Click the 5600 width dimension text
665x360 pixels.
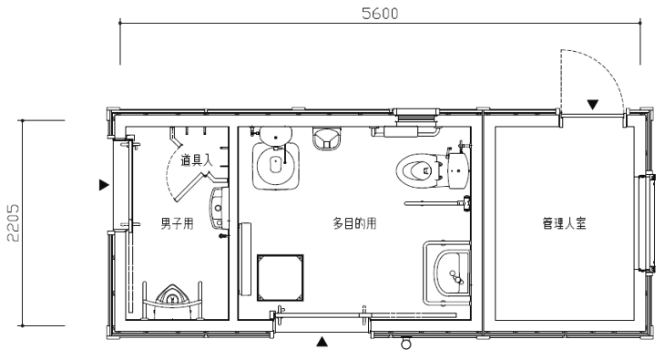pyautogui.click(x=380, y=14)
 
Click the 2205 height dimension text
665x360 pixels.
pyautogui.click(x=13, y=223)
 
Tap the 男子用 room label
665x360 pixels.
pyautogui.click(x=178, y=223)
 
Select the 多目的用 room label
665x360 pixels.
pyautogui.click(x=354, y=223)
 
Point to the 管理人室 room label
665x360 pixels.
pyautogui.click(x=564, y=223)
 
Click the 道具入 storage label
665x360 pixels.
pyautogui.click(x=197, y=160)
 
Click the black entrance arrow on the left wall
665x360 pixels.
pyautogui.click(x=104, y=185)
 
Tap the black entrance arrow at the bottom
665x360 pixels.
pyautogui.click(x=322, y=342)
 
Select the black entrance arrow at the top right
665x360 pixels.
pyautogui.click(x=592, y=105)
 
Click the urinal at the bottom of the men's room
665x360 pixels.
pyautogui.click(x=172, y=296)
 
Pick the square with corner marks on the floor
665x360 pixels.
pyautogui.click(x=280, y=278)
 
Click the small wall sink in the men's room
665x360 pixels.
pyautogui.click(x=218, y=208)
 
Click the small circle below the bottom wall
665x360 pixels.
pyautogui.click(x=406, y=343)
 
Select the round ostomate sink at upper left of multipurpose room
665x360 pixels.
pyautogui.click(x=276, y=166)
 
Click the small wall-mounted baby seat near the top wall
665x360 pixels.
pyautogui.click(x=327, y=139)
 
